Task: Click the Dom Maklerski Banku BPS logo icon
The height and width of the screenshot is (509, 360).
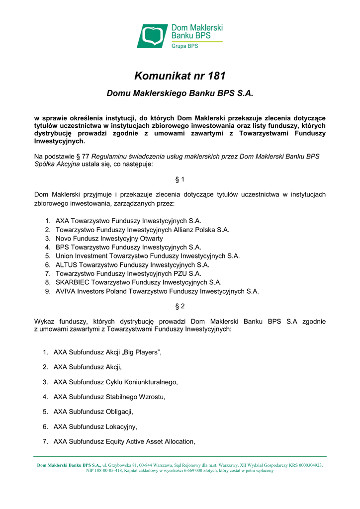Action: [x=153, y=36]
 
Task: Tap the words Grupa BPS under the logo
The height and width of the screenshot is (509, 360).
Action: [x=185, y=46]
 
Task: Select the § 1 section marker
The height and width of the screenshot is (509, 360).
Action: [x=180, y=178]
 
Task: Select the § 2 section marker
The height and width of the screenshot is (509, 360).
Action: [x=180, y=306]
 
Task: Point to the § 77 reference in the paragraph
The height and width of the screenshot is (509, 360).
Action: [x=81, y=156]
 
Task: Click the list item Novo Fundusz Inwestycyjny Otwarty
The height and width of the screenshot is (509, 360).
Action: [x=109, y=239]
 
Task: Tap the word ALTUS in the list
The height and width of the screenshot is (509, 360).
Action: [x=66, y=265]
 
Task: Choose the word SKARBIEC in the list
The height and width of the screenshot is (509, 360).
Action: [x=73, y=282]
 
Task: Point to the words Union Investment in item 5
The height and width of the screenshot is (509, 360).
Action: [x=84, y=256]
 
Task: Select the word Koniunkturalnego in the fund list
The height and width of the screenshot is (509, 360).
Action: [x=152, y=382]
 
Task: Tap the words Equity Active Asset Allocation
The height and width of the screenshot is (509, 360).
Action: [x=150, y=442]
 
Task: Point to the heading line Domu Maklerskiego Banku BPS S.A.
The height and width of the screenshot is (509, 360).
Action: [x=180, y=93]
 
